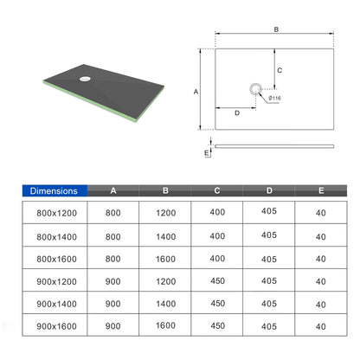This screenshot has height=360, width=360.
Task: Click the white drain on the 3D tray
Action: [85, 79]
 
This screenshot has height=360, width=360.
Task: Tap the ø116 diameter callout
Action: [274, 98]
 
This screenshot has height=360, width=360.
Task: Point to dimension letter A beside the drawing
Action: [196, 92]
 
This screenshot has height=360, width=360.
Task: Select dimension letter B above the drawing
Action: [276, 29]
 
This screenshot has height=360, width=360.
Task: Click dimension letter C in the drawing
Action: [280, 70]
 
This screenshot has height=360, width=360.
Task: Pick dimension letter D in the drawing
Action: [237, 112]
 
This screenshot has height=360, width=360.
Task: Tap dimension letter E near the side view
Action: [207, 152]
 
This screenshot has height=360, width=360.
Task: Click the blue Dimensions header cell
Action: [55, 190]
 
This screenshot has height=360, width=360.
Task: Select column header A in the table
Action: [113, 190]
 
